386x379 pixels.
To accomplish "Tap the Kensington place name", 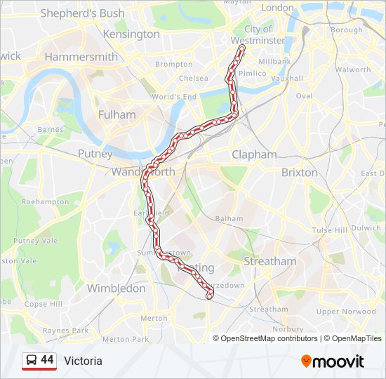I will tap(131, 34).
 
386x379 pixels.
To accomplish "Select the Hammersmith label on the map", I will tap(81, 57).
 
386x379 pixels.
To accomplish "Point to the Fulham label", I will tap(117, 114).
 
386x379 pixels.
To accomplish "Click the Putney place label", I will tap(95, 154).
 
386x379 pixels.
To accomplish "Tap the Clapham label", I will tap(254, 154).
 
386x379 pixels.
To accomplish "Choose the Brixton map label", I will tap(299, 172).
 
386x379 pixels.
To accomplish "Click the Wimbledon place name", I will tap(116, 288).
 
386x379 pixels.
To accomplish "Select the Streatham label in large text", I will tap(270, 261).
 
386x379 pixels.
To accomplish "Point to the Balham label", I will tap(229, 218).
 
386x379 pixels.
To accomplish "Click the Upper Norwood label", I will tap(346, 311).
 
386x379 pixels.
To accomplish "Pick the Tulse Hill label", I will tap(330, 230).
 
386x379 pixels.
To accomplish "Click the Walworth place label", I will tap(353, 69).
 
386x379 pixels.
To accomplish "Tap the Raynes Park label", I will tap(65, 330).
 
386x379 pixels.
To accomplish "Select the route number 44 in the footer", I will tap(47, 360).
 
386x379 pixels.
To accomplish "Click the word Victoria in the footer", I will tap(83, 361).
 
